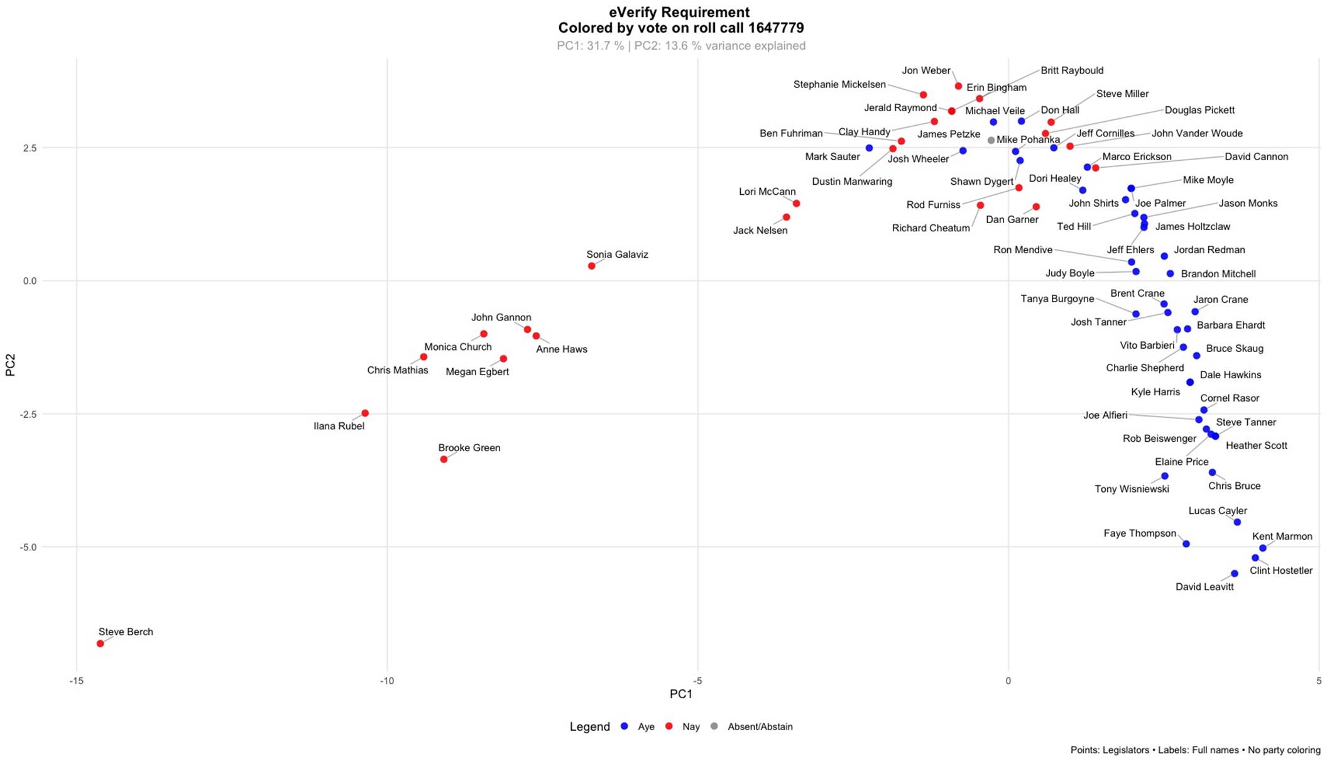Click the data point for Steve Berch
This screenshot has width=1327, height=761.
[x=100, y=643]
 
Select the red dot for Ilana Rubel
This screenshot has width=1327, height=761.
[x=365, y=413]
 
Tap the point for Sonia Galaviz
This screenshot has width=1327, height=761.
[x=591, y=266]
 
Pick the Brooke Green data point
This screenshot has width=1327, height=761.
[x=444, y=459]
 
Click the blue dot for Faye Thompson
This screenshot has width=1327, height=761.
[x=1186, y=544]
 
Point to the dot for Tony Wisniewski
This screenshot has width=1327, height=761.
[x=1164, y=476]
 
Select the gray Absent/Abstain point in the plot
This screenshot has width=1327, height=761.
[x=991, y=141]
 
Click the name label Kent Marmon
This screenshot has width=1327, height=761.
[x=1282, y=537]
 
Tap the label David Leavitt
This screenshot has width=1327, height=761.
[x=1204, y=587]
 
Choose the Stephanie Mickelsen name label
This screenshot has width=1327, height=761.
[x=839, y=85]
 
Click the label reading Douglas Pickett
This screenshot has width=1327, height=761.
[x=1199, y=110]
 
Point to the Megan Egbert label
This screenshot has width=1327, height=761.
[x=477, y=372]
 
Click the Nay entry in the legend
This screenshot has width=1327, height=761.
[x=690, y=726]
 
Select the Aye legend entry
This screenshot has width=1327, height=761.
[x=645, y=726]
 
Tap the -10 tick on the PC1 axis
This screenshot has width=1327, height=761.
[x=386, y=681]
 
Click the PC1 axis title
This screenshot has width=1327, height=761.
[x=680, y=694]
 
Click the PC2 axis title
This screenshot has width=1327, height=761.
[x=10, y=364]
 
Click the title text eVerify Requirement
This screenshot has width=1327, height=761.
[x=679, y=13]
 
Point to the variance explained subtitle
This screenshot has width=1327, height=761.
[x=680, y=46]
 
